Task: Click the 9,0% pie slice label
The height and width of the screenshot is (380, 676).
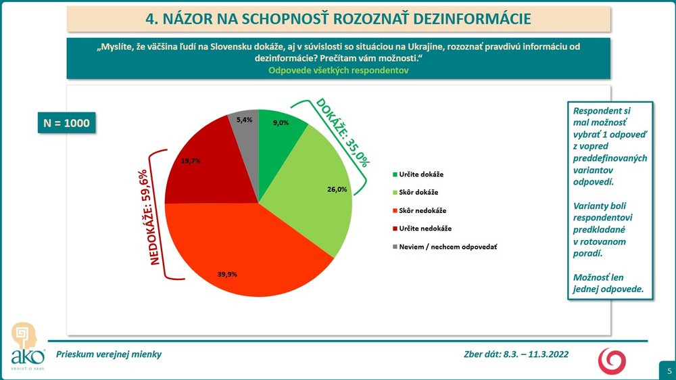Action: coord(281,123)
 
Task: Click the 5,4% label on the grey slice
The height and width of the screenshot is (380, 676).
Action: coord(244,120)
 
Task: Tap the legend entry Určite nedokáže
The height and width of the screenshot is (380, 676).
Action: coord(422,229)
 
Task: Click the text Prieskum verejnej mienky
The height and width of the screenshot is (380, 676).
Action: coord(110,354)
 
